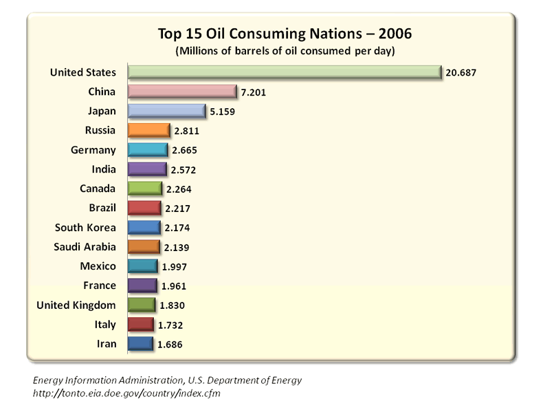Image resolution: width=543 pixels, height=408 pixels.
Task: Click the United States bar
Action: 284,72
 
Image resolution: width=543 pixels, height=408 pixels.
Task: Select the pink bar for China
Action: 182,92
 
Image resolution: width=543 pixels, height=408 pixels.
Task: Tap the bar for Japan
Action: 167,111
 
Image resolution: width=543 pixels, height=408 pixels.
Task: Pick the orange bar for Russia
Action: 148,130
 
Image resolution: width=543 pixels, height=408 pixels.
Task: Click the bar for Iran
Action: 140,343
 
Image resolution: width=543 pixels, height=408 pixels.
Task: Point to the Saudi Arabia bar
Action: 144,246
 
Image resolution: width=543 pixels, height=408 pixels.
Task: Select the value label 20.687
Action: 461,72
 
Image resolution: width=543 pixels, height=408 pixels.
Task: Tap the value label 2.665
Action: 186,150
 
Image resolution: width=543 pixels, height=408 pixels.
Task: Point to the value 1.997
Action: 174,266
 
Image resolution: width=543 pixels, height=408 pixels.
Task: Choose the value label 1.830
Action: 171,305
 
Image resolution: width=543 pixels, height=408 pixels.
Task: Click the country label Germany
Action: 93,150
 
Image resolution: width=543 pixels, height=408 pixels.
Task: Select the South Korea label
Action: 85,227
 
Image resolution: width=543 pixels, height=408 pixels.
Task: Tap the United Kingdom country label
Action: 76,305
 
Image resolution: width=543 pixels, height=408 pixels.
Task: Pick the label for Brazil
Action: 100,208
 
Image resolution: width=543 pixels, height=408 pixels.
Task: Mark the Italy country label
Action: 104,324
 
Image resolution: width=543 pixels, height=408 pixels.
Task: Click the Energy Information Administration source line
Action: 167,380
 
